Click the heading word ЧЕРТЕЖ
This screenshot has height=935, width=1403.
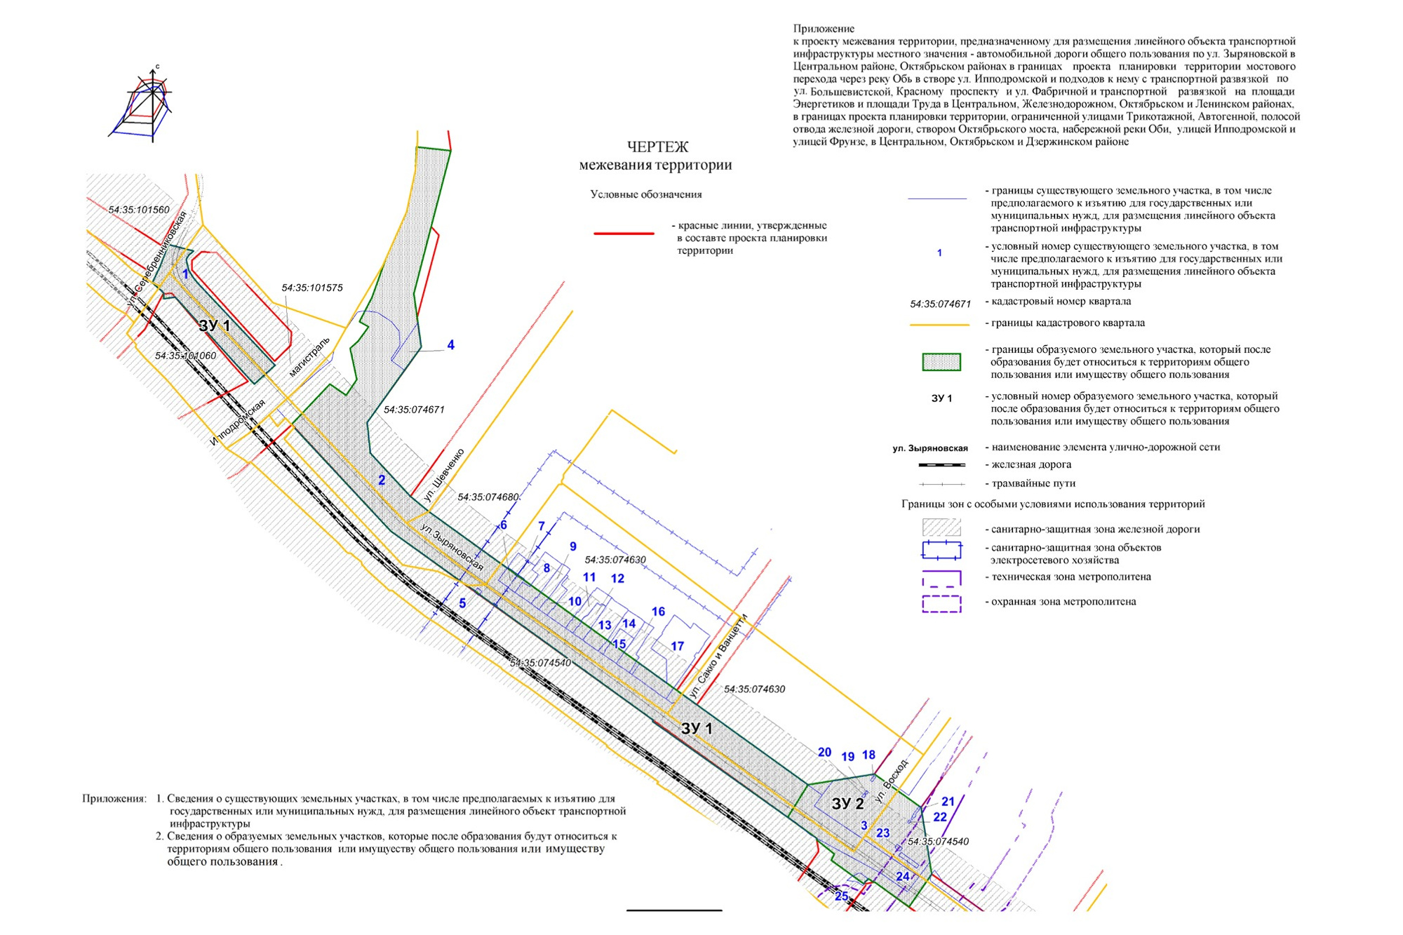click(x=657, y=147)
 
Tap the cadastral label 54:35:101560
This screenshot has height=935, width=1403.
click(x=139, y=210)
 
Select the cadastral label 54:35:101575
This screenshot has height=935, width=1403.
click(x=312, y=288)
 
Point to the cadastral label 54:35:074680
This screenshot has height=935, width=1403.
click(x=488, y=497)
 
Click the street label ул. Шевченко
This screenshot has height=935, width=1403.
click(x=444, y=475)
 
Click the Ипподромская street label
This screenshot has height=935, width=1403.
click(x=238, y=422)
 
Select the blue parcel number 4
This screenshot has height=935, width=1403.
click(x=450, y=345)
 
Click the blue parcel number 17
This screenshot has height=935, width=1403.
click(x=677, y=646)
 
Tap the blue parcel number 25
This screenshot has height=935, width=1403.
click(x=842, y=896)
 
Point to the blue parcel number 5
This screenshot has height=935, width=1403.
click(x=462, y=603)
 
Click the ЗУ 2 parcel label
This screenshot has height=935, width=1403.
click(x=847, y=804)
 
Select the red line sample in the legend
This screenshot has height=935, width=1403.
click(x=624, y=233)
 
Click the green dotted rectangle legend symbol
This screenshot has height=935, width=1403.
click(x=941, y=362)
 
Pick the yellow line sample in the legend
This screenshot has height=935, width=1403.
click(x=939, y=325)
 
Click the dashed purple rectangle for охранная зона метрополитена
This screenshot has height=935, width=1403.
click(x=941, y=603)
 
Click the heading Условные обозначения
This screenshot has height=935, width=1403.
click(x=645, y=194)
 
